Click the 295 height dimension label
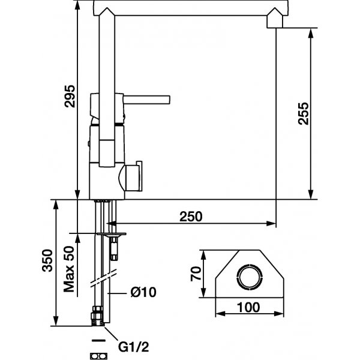pos(70,97)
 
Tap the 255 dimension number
pos(303,113)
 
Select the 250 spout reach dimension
pos(191,217)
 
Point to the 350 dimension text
pos(47,260)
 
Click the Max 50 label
pos(69,269)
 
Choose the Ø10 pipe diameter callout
pos(143,292)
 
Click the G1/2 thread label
pos(134,347)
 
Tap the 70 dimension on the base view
pos(196,274)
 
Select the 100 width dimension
pos(248,307)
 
